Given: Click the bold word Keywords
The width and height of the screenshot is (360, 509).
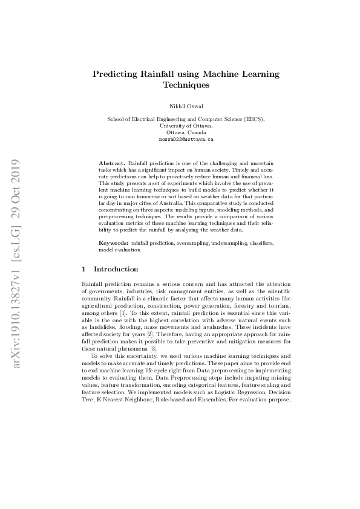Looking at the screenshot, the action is click(113, 242).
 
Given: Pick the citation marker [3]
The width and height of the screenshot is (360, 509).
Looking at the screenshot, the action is click(153, 349).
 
